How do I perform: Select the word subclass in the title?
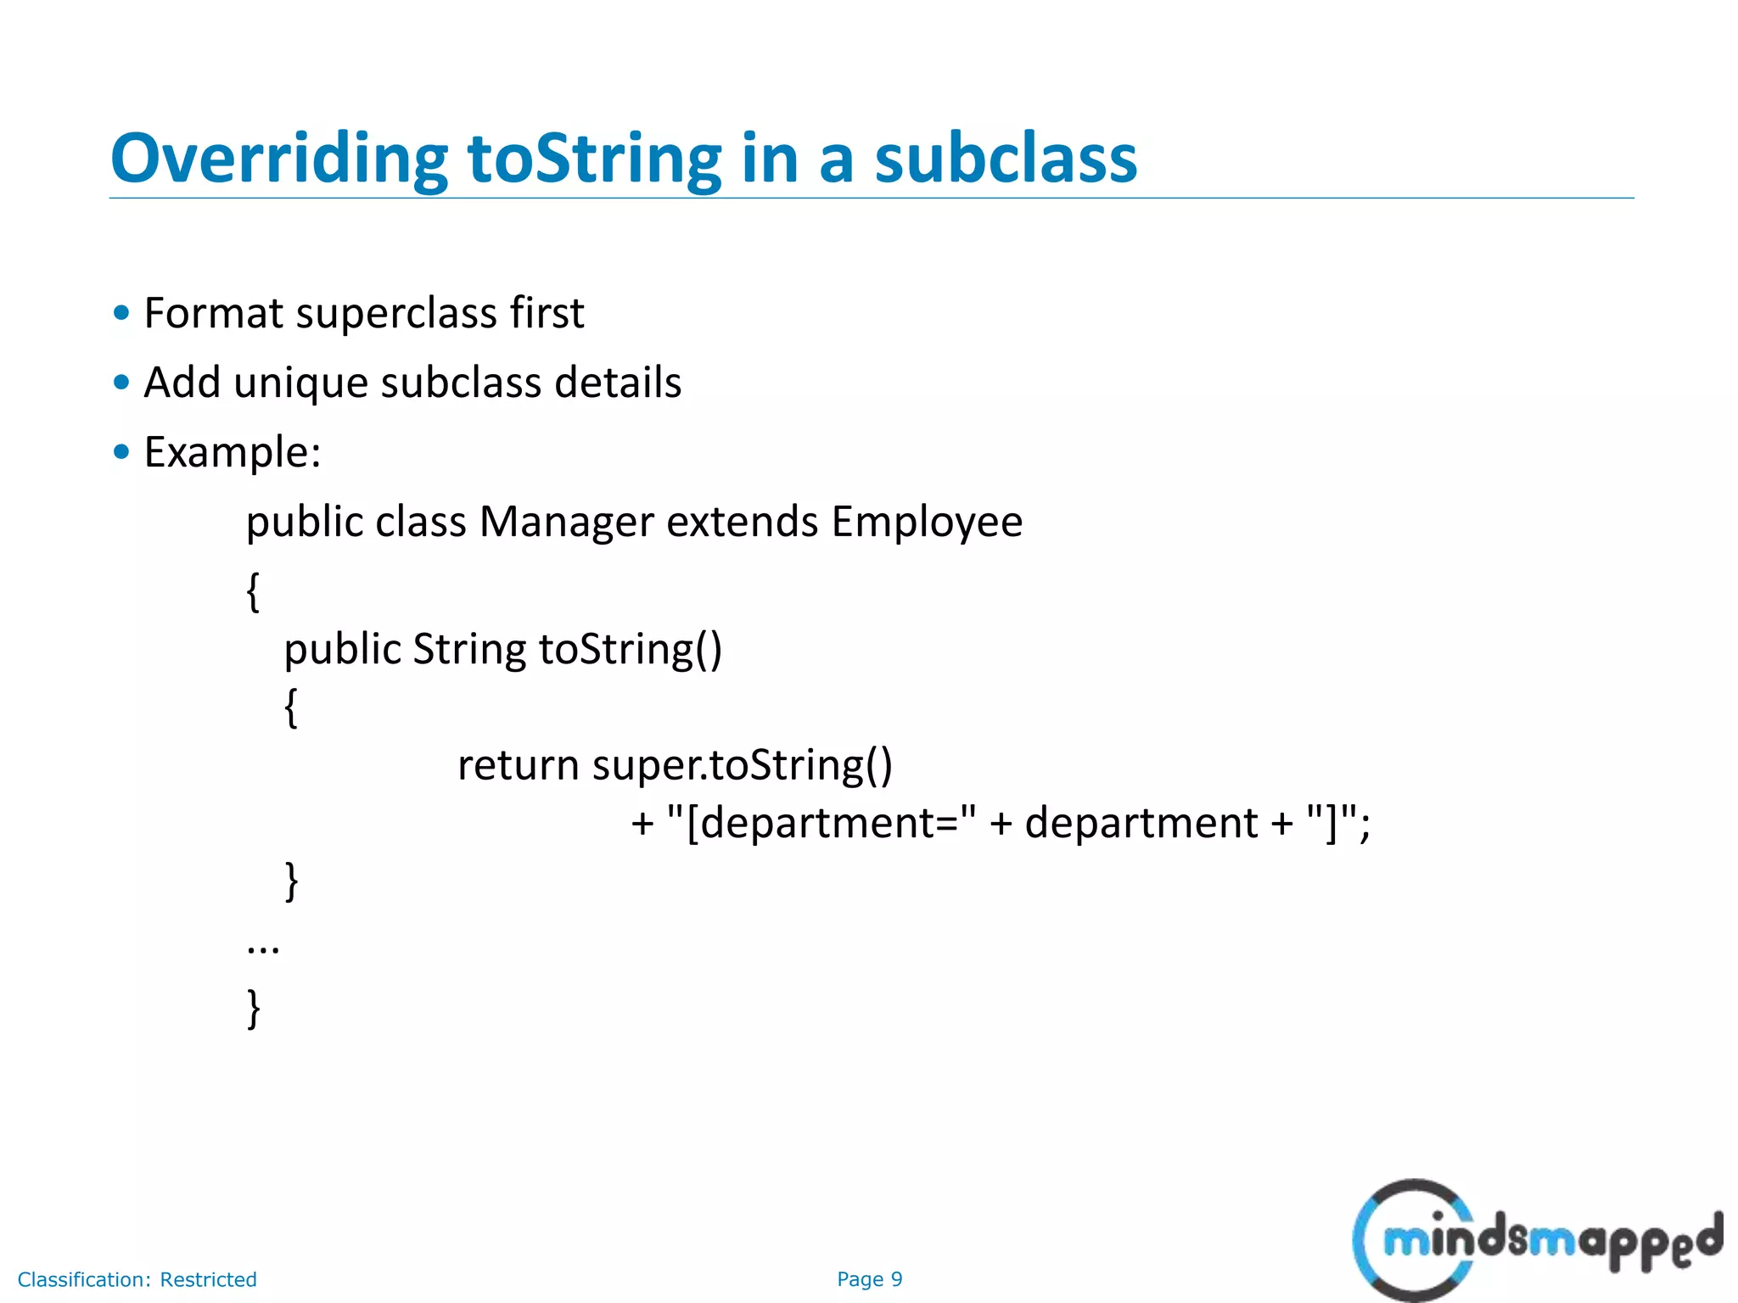tap(1006, 159)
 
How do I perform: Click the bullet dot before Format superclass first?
tap(121, 313)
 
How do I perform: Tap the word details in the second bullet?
tap(618, 383)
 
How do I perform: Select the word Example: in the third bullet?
tap(233, 452)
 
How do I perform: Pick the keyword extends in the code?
tap(743, 522)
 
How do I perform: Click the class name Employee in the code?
tap(927, 523)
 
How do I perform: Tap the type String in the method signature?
tap(469, 650)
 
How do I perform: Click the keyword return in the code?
tap(518, 765)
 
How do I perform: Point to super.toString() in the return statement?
tap(743, 765)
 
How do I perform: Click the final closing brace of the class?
tap(254, 1008)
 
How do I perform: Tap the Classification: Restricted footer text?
tap(137, 1279)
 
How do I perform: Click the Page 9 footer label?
tap(869, 1279)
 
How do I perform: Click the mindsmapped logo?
tap(1536, 1239)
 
